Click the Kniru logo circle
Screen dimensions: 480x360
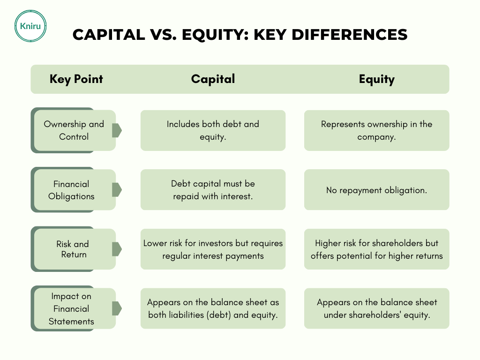(30, 26)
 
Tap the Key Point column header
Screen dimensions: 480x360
(76, 79)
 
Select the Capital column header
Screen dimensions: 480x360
(213, 79)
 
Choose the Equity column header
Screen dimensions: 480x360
(377, 79)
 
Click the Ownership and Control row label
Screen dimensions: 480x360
(74, 130)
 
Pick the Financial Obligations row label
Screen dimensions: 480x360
(71, 190)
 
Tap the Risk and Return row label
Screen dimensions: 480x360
(73, 249)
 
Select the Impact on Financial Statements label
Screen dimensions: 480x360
(71, 308)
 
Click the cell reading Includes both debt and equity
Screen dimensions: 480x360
(213, 130)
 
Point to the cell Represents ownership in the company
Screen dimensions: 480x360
(376, 130)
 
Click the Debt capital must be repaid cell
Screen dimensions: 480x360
(213, 190)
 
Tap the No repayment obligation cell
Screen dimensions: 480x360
(376, 190)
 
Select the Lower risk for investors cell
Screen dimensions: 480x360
(213, 249)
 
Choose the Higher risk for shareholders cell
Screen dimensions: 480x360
(376, 249)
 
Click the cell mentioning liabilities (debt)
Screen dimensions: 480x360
(213, 308)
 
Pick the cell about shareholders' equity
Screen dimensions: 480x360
(376, 308)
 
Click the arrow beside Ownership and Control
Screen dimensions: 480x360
(117, 130)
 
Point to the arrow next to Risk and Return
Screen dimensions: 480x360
(117, 249)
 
